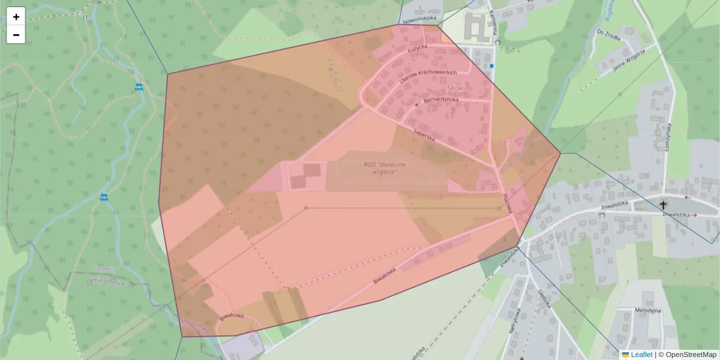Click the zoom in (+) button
pos(16,17)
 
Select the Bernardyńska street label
pos(440,101)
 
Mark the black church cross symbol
pos(664,204)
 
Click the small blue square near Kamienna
pos(491,65)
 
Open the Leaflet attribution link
pos(641,355)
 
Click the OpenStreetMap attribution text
pos(690,355)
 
